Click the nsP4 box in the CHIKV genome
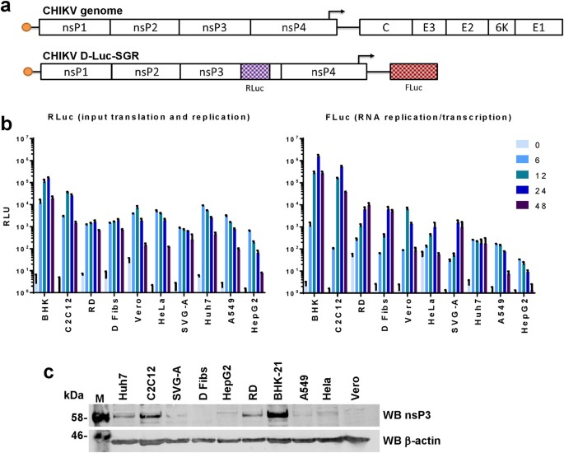point(293,26)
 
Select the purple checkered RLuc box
point(255,72)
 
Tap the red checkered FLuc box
point(413,72)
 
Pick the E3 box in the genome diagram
point(429,26)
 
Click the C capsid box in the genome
point(385,26)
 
